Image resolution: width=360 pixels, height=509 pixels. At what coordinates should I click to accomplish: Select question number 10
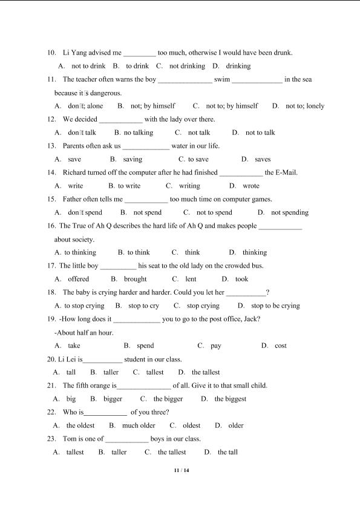point(51,53)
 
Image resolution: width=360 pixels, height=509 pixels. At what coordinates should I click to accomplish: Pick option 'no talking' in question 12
point(139,133)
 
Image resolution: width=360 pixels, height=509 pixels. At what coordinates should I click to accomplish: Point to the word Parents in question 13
point(74,146)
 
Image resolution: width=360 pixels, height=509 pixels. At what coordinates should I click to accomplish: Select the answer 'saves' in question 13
point(263,159)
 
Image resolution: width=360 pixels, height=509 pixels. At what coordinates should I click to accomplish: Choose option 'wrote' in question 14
point(251,186)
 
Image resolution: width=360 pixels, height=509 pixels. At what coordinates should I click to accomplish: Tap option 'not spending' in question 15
point(290,212)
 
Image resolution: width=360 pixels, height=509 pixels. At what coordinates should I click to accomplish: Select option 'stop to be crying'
point(275,306)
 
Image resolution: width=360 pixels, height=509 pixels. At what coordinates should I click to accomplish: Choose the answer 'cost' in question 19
point(281,346)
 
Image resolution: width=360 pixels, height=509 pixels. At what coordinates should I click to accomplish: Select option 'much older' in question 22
point(139,425)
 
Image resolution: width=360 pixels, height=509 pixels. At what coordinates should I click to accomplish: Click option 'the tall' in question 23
point(227,452)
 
